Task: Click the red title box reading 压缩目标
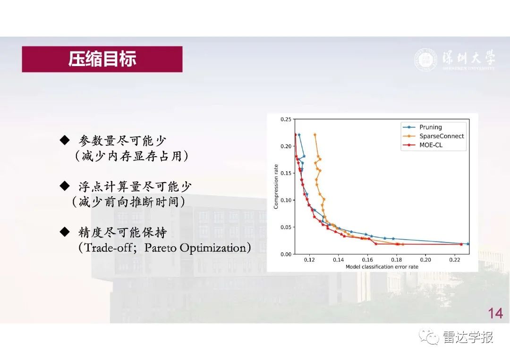point(102,59)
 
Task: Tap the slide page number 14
point(495,314)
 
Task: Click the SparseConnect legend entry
point(433,136)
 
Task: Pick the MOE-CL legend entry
point(423,145)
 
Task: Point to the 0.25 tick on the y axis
point(286,119)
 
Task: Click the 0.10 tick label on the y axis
point(286,200)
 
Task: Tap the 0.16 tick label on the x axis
point(367,260)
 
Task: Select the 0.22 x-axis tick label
point(455,260)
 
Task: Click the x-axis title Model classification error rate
point(382,267)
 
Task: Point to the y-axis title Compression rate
point(276,186)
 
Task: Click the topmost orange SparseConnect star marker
point(315,134)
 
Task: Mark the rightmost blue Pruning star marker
point(468,243)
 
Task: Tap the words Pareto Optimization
point(195,248)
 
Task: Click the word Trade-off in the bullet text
point(108,248)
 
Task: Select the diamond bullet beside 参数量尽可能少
point(65,140)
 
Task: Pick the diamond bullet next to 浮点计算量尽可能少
point(65,186)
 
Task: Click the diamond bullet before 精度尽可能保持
point(65,232)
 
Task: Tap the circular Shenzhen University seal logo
point(425,60)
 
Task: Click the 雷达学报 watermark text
point(468,337)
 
